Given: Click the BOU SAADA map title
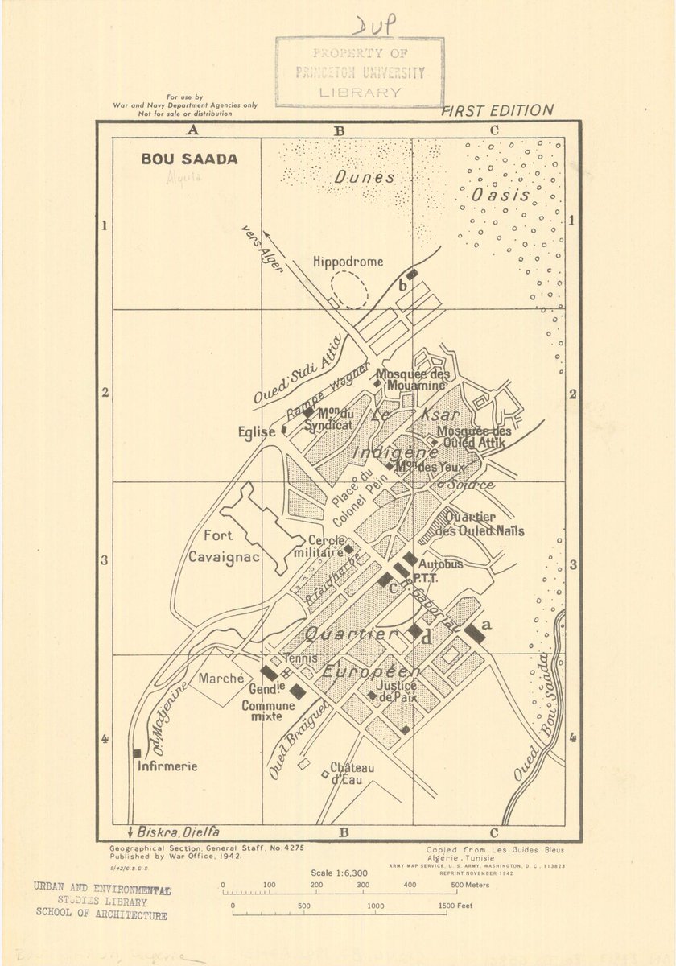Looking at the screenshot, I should pyautogui.click(x=190, y=159).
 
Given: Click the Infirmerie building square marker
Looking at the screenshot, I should pyautogui.click(x=137, y=753).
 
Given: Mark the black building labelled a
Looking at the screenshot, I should pyautogui.click(x=475, y=633).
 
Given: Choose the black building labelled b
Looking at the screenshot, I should pyautogui.click(x=412, y=275).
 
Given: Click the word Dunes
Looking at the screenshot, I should pyautogui.click(x=365, y=178).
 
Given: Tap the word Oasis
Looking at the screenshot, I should pyautogui.click(x=501, y=195).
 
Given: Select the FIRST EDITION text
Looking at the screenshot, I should pyautogui.click(x=497, y=111).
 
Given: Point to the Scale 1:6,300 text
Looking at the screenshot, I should pyautogui.click(x=337, y=873).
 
